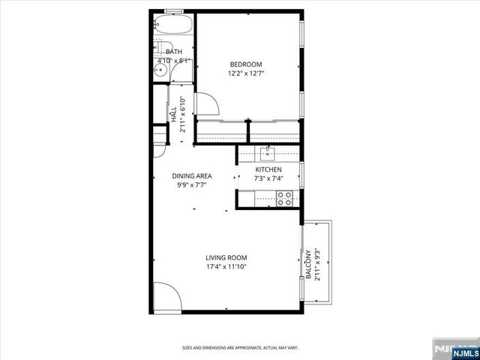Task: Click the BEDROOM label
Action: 245,64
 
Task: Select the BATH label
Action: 174,52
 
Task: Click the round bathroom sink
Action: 160,73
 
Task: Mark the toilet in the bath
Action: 179,73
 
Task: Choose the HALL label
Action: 173,115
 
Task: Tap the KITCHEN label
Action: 268,170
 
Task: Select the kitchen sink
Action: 268,153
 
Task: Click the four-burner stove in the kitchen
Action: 285,199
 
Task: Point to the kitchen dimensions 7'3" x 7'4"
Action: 268,179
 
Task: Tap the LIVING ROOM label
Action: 226,257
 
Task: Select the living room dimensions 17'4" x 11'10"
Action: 226,266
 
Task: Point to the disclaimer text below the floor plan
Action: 239,348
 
